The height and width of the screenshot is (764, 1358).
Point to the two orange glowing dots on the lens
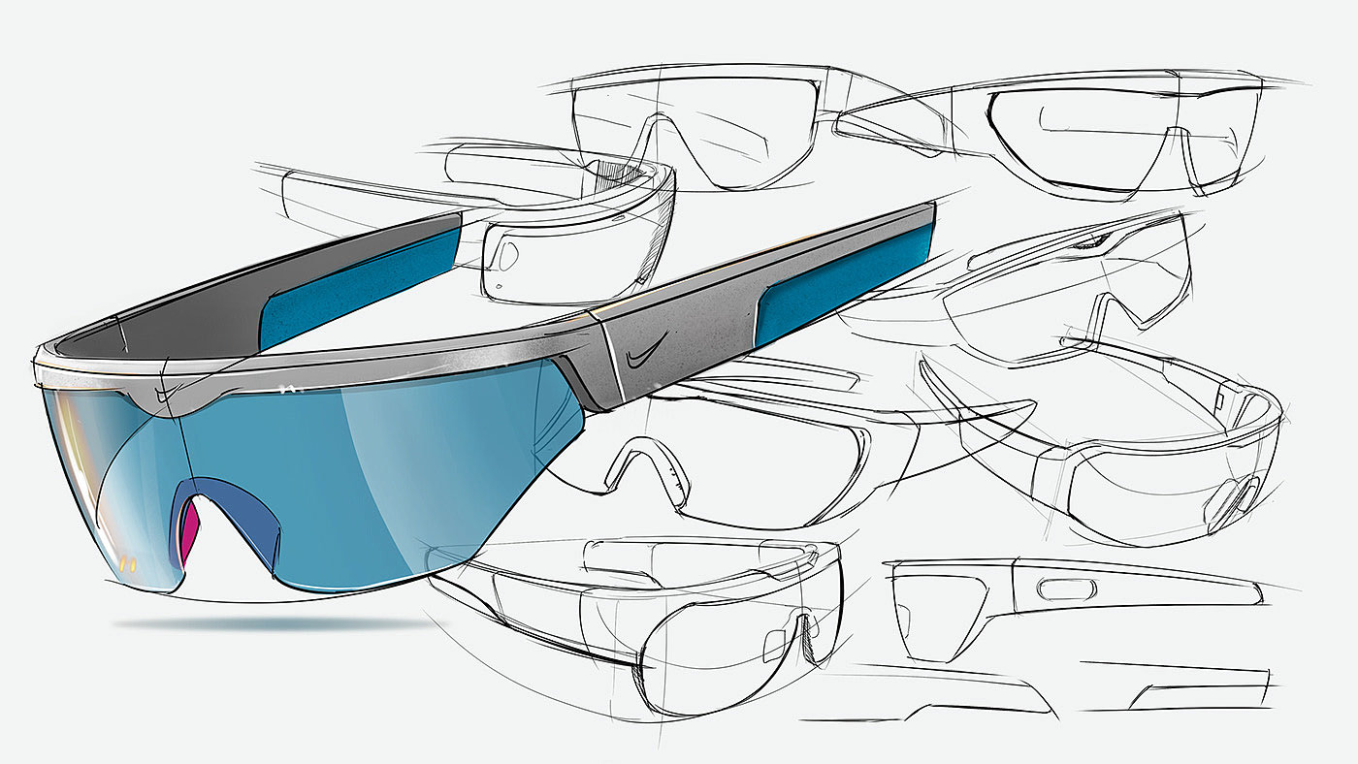click(128, 559)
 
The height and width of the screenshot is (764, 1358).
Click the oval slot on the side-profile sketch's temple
click(1064, 588)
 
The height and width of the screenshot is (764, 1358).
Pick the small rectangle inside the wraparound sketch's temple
click(1219, 399)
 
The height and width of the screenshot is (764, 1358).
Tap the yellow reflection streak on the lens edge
click(60, 456)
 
